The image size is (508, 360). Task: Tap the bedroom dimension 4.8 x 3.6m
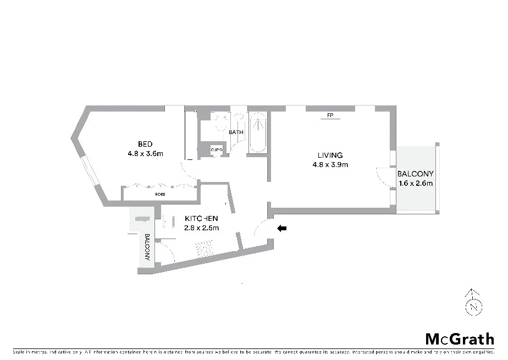click(145, 154)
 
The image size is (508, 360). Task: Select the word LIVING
click(330, 155)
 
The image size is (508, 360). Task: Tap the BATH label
click(236, 132)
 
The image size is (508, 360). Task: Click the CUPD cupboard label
click(217, 149)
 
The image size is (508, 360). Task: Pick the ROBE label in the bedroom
click(160, 195)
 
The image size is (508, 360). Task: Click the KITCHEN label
click(201, 218)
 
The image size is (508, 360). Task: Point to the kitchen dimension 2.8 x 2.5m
click(201, 228)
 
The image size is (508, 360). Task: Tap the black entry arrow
click(282, 228)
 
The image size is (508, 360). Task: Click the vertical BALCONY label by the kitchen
click(147, 248)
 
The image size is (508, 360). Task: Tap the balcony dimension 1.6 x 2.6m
click(415, 183)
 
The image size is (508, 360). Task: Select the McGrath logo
click(460, 338)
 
